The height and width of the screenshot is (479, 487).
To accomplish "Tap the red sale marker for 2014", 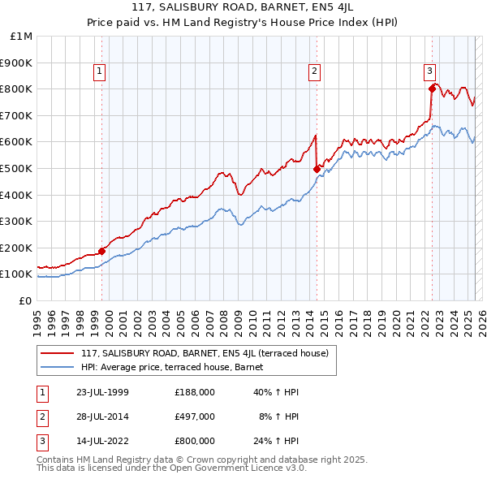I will click(x=317, y=169).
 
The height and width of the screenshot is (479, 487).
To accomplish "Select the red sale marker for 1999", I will click(x=102, y=251).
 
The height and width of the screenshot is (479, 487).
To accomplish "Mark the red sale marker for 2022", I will click(x=432, y=88).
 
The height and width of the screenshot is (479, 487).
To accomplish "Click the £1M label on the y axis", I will click(x=22, y=36).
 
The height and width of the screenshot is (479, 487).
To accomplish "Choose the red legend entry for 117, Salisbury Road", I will click(x=204, y=353).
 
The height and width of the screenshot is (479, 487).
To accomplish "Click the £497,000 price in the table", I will click(x=195, y=416).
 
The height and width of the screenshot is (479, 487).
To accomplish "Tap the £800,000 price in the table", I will click(x=195, y=441).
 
